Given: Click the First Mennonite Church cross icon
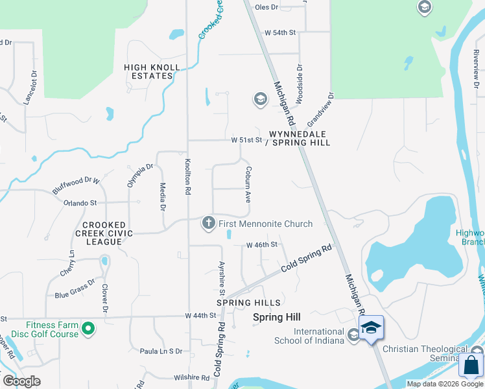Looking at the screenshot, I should tap(209, 224).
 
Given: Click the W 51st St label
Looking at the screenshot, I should tap(246, 140).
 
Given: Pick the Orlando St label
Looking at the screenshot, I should tap(80, 203).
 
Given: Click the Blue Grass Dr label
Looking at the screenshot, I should tap(75, 289).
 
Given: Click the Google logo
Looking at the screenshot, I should tap(21, 381).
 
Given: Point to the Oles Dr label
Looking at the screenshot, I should tap(266, 7).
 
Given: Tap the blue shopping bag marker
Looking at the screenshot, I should tap(471, 364).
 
